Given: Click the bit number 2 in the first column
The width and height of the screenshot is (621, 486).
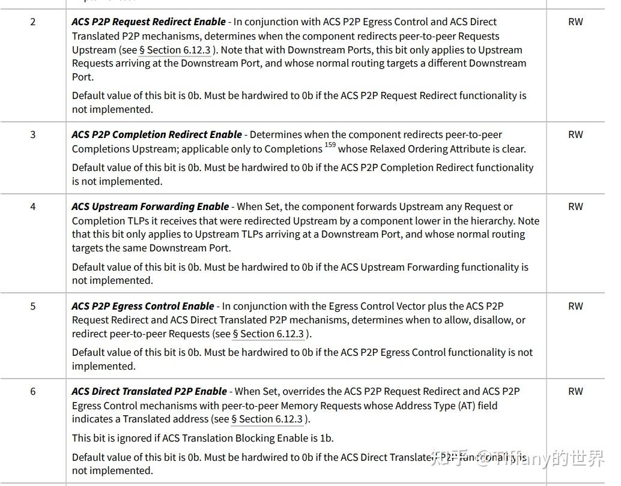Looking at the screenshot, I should pos(32,22).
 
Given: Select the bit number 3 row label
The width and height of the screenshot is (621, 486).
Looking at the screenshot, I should pos(32,135).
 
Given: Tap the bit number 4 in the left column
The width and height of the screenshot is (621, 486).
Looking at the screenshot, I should pos(32,207).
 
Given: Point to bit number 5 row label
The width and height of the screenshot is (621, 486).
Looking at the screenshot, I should pos(32,307).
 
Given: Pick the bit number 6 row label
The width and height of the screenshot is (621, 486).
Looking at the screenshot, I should pos(32,392).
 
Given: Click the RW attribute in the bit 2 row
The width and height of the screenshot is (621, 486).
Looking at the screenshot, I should pos(575,22).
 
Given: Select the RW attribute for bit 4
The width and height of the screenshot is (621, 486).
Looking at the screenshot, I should pos(575,207).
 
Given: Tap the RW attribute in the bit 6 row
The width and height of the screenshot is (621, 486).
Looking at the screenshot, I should pos(575,392).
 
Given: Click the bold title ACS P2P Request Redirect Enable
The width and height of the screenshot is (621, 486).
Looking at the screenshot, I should pos(148,22).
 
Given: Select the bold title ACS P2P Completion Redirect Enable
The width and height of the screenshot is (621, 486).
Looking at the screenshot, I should pos(157,135).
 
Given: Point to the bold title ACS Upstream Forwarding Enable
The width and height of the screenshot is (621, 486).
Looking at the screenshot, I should pos(150,207).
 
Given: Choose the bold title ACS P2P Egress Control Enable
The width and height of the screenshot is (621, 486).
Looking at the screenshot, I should pos(143,307).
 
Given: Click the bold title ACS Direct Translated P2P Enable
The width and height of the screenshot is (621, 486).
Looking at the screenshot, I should pos(149,392).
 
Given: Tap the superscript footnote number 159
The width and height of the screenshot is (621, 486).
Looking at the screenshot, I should pos(330,145).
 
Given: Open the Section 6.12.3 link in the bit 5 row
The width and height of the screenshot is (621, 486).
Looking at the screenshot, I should pos(268,334).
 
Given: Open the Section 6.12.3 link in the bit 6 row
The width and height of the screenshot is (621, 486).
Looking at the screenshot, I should pos(267,419).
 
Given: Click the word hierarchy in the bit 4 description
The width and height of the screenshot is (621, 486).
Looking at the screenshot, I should pos(490,221).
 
